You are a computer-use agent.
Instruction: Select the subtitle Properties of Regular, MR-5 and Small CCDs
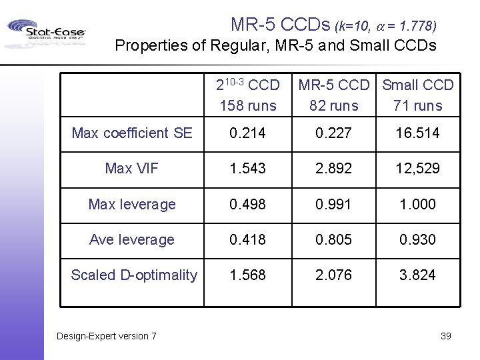pyautogui.click(x=275, y=46)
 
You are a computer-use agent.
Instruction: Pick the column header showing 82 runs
pyautogui.click(x=334, y=105)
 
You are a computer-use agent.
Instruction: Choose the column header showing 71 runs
pyautogui.click(x=417, y=105)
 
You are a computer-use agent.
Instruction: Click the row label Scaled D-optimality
pyautogui.click(x=134, y=275)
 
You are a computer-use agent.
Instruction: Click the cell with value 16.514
pyautogui.click(x=417, y=133)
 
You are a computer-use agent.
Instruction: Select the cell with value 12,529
pyautogui.click(x=417, y=169)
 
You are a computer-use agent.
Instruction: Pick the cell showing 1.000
pyautogui.click(x=417, y=204)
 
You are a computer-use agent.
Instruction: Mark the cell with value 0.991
pyautogui.click(x=334, y=204)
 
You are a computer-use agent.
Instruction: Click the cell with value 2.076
pyautogui.click(x=334, y=275)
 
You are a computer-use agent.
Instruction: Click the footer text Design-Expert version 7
pyautogui.click(x=107, y=335)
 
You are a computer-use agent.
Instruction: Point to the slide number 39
pyautogui.click(x=445, y=335)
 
